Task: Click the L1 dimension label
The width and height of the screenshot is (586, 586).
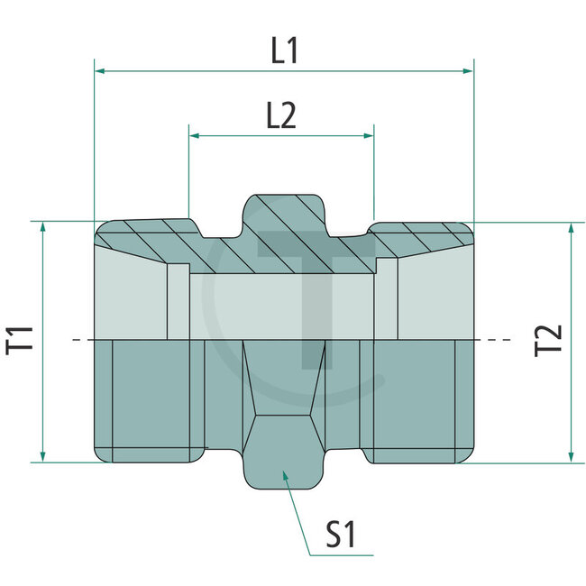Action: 284,50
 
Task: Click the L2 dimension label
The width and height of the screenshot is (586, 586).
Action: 280,117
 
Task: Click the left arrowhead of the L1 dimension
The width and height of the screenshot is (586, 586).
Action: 101,69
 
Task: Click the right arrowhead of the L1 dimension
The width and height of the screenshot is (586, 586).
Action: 468,69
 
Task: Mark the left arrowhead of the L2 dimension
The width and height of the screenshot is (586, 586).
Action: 194,136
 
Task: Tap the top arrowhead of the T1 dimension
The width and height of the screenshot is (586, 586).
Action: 42,226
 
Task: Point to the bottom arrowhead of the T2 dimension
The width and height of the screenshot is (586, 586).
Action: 571,457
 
